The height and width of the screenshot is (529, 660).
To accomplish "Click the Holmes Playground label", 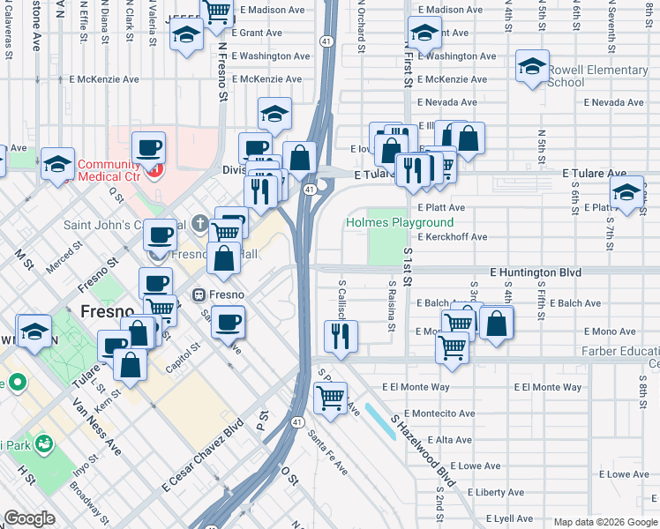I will (x=400, y=223).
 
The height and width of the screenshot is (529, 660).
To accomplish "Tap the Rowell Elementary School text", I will (x=597, y=76).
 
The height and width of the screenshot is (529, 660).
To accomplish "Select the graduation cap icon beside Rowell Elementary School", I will (x=532, y=68).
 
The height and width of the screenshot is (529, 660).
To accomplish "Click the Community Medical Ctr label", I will (x=109, y=171).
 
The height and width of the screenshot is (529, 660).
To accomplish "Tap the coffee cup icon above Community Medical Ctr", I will (x=148, y=146).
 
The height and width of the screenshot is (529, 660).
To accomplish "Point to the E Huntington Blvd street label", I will (x=535, y=273).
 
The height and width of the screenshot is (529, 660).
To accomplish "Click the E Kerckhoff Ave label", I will (x=452, y=237).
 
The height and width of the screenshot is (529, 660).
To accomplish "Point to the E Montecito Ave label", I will (x=440, y=414).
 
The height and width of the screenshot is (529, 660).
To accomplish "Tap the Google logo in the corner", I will (x=29, y=518).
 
